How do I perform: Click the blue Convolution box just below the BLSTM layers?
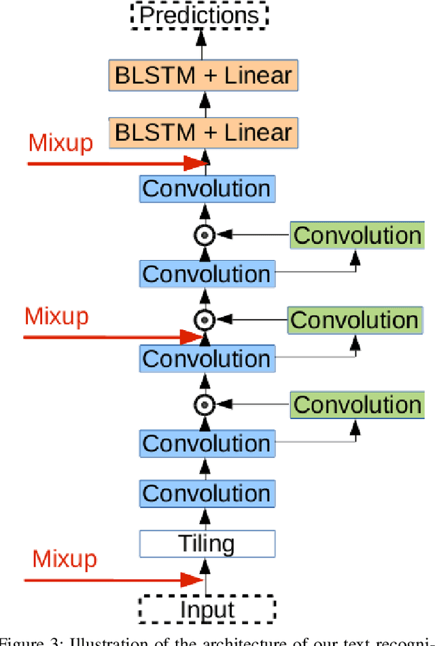coord(207,188)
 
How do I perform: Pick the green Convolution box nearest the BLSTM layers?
coord(357,236)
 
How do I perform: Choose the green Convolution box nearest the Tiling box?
coord(357,405)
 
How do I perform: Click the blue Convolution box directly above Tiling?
coord(207,492)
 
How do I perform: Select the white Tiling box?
coord(207,543)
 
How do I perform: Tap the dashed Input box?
coord(207,609)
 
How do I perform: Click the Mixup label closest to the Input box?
coord(65,559)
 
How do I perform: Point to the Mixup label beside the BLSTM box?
coord(60,143)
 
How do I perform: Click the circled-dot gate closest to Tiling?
coord(204,406)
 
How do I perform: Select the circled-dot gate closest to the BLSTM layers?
coord(204,236)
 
